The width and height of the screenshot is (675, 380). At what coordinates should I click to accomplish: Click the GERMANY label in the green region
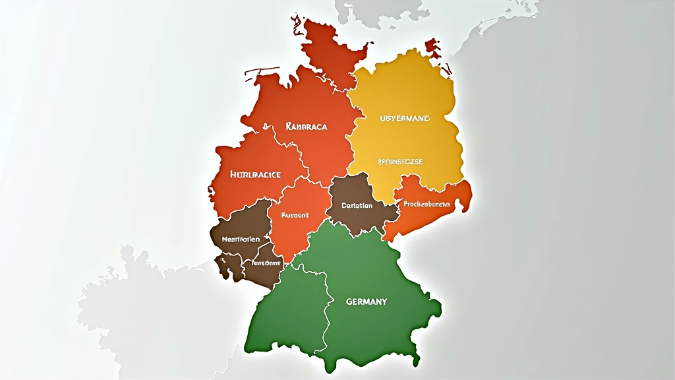coord(367,301)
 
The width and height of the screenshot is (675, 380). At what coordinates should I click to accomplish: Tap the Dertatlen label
coord(357,205)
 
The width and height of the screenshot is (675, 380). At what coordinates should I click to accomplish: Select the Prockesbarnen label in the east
coord(426,205)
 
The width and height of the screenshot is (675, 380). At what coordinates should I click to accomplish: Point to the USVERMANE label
coord(405,119)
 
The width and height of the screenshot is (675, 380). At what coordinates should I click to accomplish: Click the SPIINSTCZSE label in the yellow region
coord(400,161)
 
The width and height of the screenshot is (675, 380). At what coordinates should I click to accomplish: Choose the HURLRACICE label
coord(256,175)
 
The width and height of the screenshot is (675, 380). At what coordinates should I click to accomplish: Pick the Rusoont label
coord(295,215)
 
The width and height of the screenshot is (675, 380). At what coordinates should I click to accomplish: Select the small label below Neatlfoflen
coord(263,262)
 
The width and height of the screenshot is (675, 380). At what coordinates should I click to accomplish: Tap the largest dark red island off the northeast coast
coord(433,47)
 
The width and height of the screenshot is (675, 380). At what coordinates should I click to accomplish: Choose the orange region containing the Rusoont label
coord(297,231)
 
